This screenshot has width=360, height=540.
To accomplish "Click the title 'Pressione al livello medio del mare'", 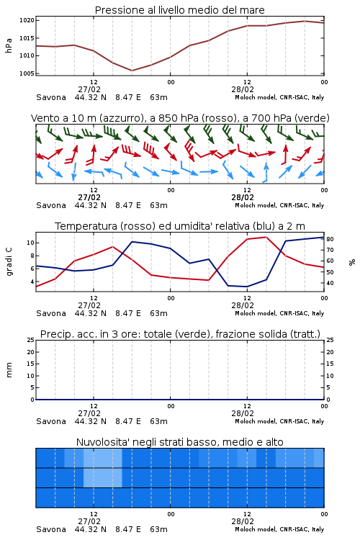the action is tap(179, 10).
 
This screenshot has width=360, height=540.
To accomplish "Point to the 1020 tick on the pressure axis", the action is tap(27, 20).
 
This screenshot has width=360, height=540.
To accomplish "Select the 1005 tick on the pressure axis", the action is tap(27, 73).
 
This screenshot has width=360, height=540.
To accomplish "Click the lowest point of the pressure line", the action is tap(132, 71).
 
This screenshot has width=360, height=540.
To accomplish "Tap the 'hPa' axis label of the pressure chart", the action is tap(9, 45).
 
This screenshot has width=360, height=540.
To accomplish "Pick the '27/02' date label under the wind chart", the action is tap(89, 197).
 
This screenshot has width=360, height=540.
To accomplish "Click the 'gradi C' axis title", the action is tap(9, 262).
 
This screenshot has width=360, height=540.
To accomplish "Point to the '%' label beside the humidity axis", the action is tap(352, 262).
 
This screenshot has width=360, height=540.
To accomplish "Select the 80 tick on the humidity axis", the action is tap(330, 239).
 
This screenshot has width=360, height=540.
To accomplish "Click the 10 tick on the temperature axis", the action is tap(30, 243).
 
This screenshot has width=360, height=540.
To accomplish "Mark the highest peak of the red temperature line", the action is tap(266, 237).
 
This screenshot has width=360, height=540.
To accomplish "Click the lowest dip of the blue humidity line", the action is tap(247, 287).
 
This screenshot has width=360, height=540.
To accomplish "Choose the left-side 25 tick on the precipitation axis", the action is tap(30, 340).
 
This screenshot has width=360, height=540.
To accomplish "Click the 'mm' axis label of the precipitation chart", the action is tap(9, 370).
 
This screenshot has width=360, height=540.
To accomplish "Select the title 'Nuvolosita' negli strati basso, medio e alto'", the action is tap(179, 442).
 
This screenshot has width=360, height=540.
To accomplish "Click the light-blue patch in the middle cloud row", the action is tap(103, 477).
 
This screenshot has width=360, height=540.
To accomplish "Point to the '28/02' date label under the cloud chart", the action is tap(243, 521).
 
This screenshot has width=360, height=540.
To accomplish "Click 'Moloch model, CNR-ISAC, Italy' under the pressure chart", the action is tap(279, 97).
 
